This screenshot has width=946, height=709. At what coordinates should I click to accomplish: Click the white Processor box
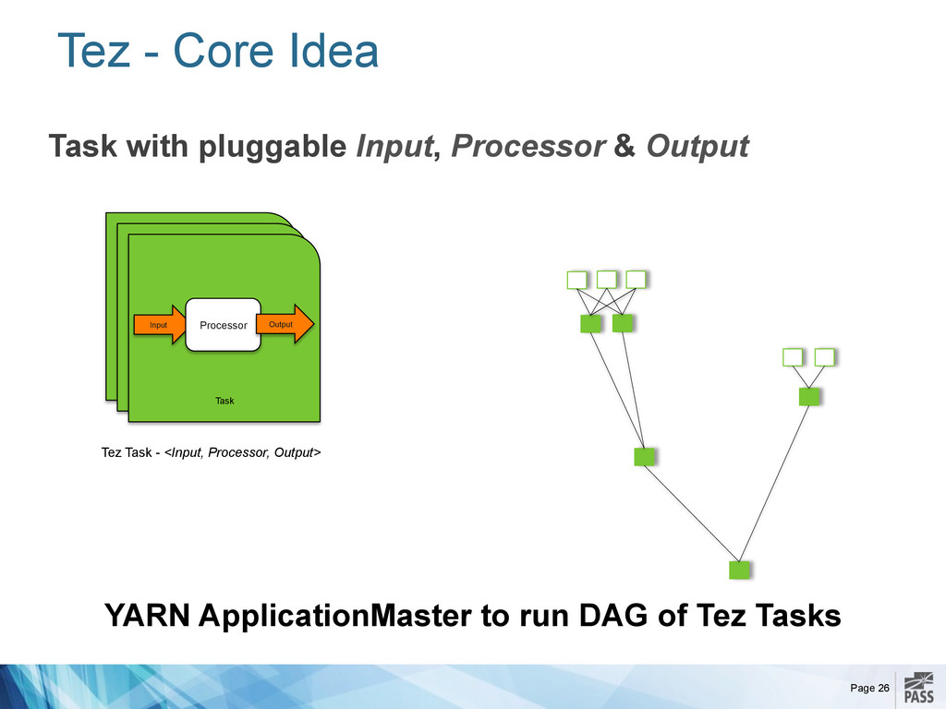click(224, 325)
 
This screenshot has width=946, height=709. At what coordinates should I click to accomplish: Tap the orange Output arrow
click(285, 324)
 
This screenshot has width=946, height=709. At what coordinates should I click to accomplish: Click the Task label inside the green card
click(224, 401)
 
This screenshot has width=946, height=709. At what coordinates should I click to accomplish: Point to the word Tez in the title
click(93, 50)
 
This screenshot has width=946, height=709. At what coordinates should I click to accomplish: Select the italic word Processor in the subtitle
click(528, 146)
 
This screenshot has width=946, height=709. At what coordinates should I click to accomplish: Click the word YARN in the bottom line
click(147, 616)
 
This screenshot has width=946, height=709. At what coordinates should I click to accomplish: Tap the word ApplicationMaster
click(335, 616)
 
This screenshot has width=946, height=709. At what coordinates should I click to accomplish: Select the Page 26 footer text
click(870, 688)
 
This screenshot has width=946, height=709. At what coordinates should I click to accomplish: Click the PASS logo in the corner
click(919, 689)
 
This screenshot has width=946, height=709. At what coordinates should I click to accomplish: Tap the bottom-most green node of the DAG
click(739, 570)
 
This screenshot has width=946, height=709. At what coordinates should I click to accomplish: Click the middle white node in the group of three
click(606, 280)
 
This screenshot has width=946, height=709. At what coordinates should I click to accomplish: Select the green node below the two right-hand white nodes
click(809, 397)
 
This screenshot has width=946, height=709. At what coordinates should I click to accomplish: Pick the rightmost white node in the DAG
click(824, 357)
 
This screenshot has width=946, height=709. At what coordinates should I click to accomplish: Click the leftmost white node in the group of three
click(576, 280)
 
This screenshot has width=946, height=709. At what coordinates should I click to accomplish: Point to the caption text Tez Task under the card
click(126, 452)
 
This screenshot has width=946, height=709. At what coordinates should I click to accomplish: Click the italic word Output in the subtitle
click(697, 147)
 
